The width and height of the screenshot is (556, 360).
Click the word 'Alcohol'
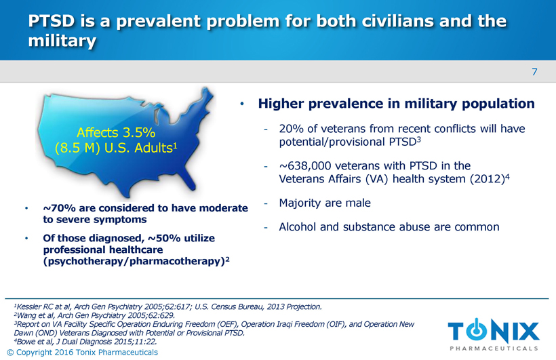(299, 227)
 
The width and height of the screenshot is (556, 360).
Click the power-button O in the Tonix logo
(480, 330)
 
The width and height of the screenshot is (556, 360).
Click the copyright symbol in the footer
(9, 353)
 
